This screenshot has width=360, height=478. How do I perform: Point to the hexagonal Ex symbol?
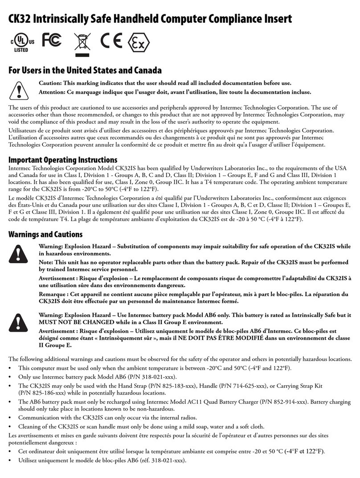[139, 42]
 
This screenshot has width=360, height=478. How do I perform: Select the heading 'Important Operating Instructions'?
[63, 160]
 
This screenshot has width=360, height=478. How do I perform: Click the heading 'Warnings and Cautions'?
[45, 234]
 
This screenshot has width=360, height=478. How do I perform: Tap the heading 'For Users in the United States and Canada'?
[85, 70]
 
